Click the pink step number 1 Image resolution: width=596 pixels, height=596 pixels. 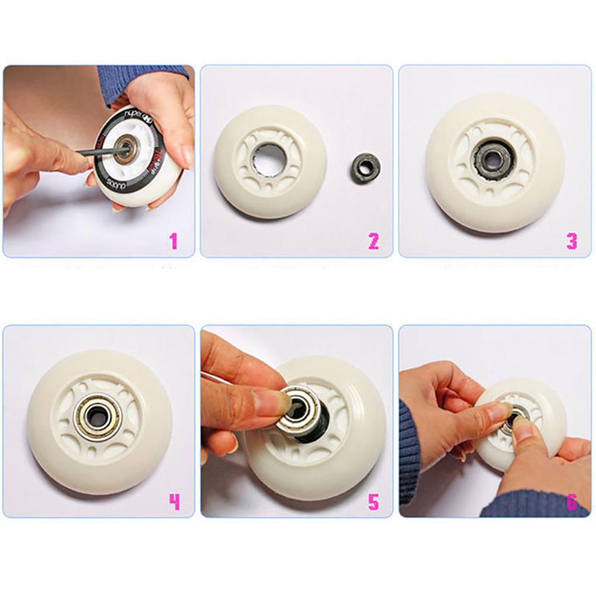coord(173,241)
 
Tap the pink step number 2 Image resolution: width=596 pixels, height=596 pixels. coord(373,241)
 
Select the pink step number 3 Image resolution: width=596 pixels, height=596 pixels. coord(572,241)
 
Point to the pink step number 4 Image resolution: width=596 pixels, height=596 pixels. coord(174,501)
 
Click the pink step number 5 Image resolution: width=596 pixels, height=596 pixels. coord(373,501)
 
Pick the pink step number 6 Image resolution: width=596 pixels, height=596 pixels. coord(572,501)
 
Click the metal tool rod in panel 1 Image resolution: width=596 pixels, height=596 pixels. coord(99,152)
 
